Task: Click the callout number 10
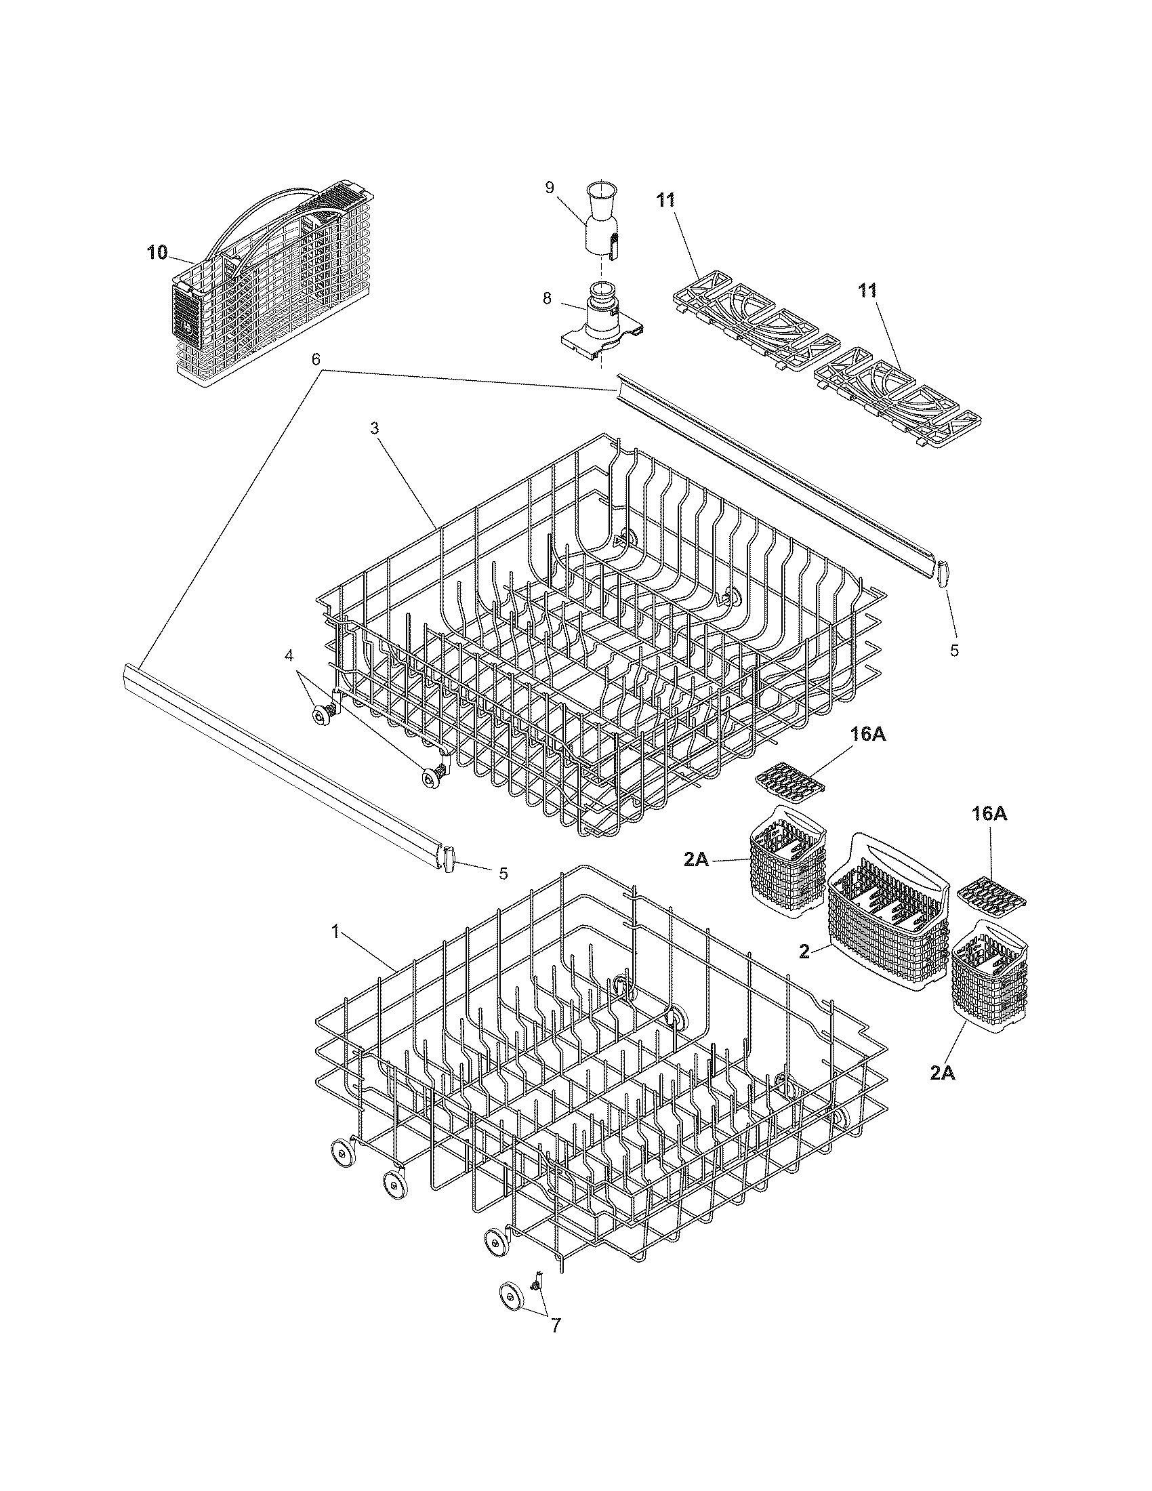157,253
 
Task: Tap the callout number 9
550,188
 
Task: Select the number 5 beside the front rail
503,873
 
